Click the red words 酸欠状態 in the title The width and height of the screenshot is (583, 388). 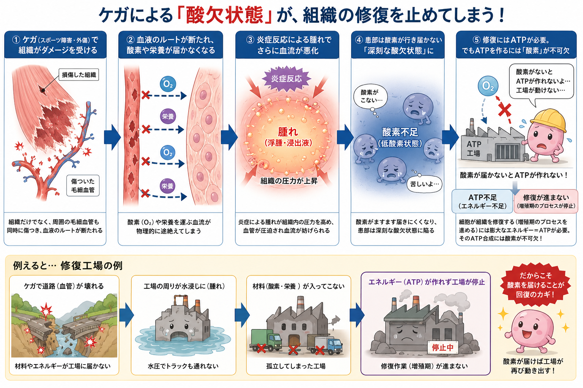tap(225, 15)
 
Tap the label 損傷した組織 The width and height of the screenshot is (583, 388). tap(79, 75)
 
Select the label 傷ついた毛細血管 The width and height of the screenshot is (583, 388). tap(83, 186)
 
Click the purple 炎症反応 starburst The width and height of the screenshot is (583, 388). tap(287, 79)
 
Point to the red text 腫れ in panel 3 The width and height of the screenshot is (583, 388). tap(288, 132)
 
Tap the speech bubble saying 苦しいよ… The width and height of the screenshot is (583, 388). tap(424, 184)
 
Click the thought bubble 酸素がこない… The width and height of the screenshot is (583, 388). tap(370, 96)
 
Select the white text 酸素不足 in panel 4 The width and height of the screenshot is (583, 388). tap(400, 132)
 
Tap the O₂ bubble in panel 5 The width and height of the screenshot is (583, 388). tap(488, 86)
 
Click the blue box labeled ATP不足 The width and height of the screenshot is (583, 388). tap(482, 202)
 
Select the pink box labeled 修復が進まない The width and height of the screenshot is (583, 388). tap(546, 202)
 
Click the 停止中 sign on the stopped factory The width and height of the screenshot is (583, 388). tap(443, 347)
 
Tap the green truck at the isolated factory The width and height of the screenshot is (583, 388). tap(266, 340)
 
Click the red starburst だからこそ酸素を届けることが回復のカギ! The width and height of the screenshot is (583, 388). tap(536, 285)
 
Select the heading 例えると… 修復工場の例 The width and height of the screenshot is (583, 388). tap(68, 266)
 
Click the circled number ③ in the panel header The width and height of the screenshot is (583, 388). tap(250, 40)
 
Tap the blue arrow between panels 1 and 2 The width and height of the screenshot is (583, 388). tap(112, 137)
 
